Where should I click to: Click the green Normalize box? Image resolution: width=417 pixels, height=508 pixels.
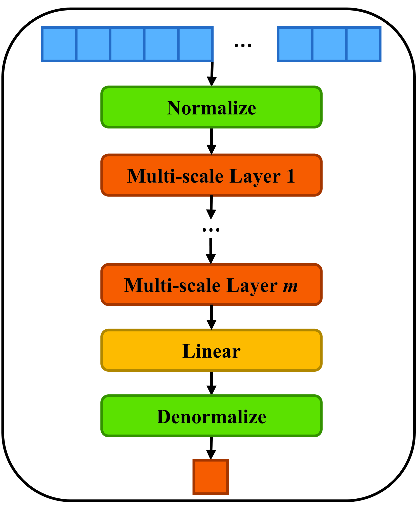click(x=211, y=107)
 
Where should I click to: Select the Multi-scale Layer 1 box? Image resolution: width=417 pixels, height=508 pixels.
click(x=211, y=175)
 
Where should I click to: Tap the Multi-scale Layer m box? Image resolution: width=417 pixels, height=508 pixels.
click(x=211, y=285)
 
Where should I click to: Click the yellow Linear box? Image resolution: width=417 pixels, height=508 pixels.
click(x=211, y=350)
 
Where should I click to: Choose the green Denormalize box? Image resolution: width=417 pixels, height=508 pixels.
click(x=211, y=416)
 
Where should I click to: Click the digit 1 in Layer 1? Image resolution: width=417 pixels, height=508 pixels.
click(x=291, y=176)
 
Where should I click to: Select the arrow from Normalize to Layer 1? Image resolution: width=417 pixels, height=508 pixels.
click(x=212, y=141)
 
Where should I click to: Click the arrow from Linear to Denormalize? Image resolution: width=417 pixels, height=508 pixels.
click(x=212, y=383)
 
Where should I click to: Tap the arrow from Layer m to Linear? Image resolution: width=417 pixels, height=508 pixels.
click(x=212, y=317)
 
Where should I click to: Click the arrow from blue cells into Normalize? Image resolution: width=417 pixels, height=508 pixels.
click(x=212, y=74)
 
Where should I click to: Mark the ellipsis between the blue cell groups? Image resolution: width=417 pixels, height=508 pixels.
click(x=243, y=46)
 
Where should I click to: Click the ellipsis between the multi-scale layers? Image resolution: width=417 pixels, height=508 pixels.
click(x=211, y=229)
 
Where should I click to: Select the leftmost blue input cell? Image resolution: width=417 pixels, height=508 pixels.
click(x=59, y=44)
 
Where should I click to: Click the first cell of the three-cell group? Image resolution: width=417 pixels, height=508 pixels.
click(x=295, y=44)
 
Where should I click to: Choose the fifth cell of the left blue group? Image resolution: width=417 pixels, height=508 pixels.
click(x=195, y=44)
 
